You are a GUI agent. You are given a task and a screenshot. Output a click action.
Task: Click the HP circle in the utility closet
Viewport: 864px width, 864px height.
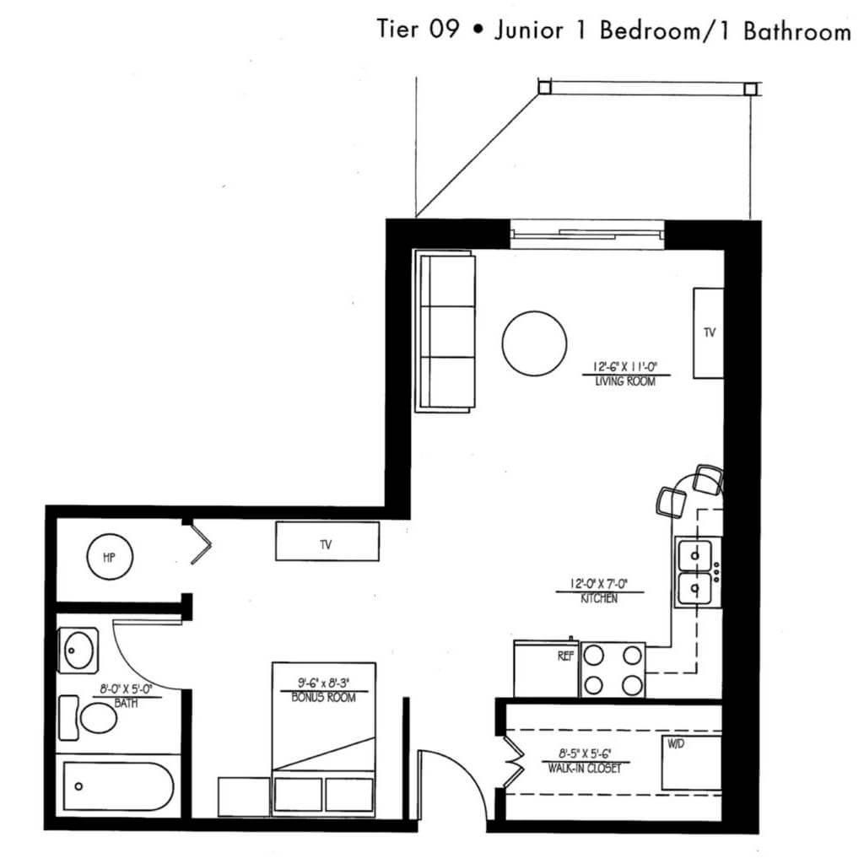[110, 557]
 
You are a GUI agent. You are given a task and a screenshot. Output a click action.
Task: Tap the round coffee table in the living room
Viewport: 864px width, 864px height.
[534, 343]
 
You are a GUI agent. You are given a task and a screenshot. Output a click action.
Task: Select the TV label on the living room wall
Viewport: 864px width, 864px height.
[709, 332]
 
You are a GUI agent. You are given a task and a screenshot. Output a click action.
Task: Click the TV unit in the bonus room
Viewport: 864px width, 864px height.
[327, 541]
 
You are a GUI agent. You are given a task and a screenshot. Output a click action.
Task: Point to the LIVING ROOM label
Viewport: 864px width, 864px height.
[625, 381]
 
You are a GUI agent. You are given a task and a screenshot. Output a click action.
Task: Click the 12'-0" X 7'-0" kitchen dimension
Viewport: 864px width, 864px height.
[599, 584]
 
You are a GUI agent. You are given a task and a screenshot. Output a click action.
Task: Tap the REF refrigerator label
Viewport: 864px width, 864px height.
[565, 656]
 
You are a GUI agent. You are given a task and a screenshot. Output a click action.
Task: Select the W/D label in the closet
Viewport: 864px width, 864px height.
[676, 744]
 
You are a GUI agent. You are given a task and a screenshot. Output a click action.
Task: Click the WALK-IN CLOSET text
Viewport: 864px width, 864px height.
[585, 768]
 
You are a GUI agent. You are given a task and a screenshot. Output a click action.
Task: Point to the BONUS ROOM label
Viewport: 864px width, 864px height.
[323, 698]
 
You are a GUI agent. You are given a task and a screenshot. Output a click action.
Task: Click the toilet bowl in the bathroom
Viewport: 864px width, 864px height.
[98, 718]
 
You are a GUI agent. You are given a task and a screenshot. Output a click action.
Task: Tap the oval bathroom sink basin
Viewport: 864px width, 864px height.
[78, 651]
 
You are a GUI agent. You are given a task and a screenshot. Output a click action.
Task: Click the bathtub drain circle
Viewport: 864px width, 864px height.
[78, 786]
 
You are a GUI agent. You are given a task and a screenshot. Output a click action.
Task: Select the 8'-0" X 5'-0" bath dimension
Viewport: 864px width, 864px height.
[126, 688]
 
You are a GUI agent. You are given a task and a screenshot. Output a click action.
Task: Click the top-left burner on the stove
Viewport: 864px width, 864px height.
[593, 656]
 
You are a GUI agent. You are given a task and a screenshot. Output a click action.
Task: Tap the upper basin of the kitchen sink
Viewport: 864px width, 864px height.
[694, 555]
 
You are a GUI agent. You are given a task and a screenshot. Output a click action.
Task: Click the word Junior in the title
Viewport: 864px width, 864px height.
[529, 30]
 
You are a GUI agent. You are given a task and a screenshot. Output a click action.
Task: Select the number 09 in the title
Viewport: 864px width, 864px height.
[444, 29]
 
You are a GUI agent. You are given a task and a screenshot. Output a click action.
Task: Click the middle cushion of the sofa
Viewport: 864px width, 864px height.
[447, 332]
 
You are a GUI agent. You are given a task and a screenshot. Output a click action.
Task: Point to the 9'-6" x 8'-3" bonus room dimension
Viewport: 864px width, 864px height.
[323, 683]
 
